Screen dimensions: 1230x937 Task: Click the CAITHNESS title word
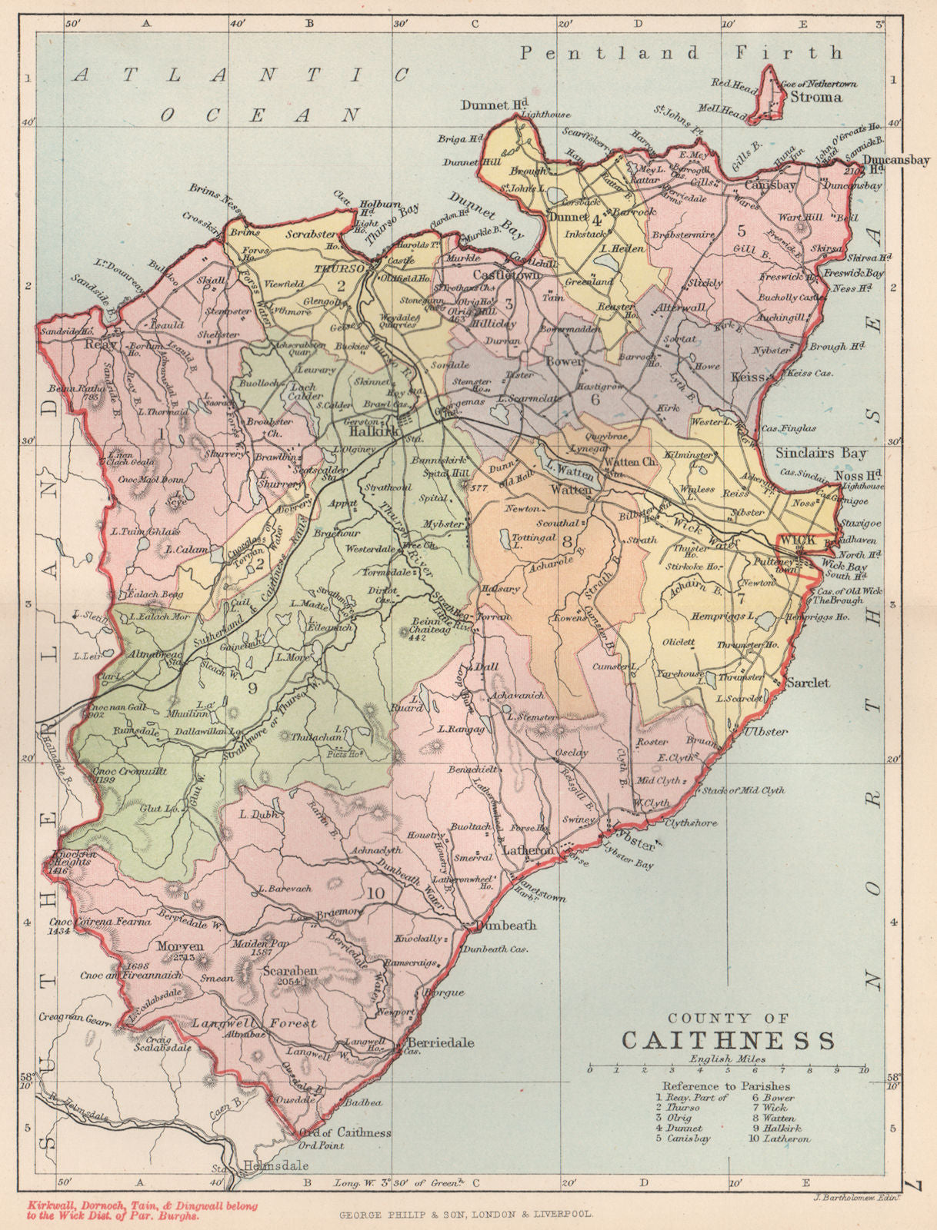727,1040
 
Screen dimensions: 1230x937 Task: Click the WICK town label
797,540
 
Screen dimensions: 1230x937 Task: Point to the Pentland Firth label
681,53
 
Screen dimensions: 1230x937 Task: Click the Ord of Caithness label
344,1132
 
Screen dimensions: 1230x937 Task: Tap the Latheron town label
528,851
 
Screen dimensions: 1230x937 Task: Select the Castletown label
508,274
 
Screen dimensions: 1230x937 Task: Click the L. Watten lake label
569,465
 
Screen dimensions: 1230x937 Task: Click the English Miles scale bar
726,1069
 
